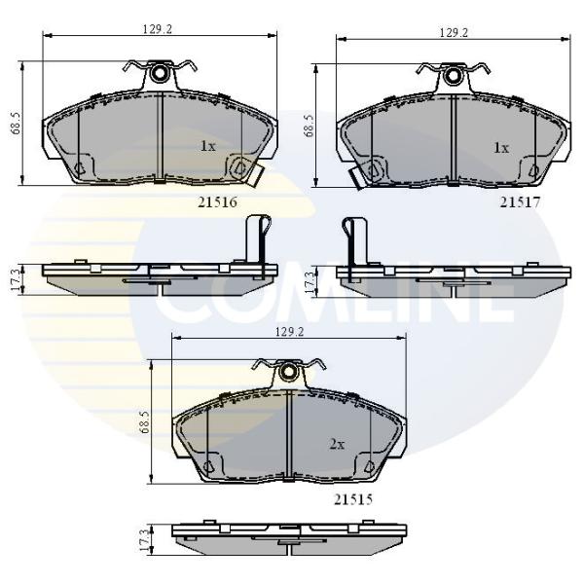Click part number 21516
[217, 202]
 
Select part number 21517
[520, 202]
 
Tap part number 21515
[353, 499]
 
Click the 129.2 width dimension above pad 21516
[157, 29]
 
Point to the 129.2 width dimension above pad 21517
[454, 33]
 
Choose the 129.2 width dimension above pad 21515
[290, 332]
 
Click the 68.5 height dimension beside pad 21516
[18, 124]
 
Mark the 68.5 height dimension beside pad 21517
[310, 126]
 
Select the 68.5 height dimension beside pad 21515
[145, 422]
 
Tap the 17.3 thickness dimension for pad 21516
[16, 279]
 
